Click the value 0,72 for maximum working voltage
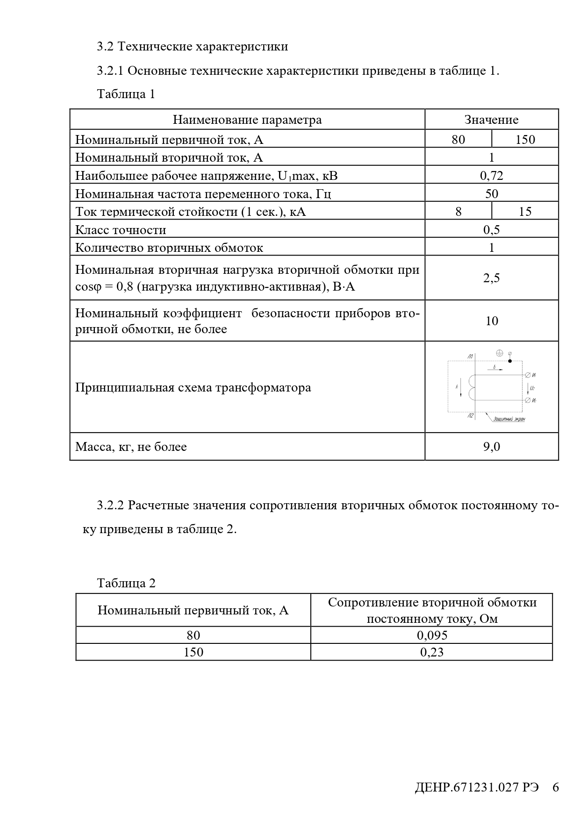click(491, 176)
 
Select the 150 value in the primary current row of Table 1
click(525, 140)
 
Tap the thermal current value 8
click(458, 212)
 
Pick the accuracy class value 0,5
click(491, 229)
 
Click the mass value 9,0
click(491, 447)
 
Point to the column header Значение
click(491, 120)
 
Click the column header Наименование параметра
click(247, 120)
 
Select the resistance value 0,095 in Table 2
click(432, 635)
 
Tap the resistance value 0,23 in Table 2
click(432, 652)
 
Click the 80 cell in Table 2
click(193, 635)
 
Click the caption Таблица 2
click(126, 583)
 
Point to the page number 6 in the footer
click(555, 787)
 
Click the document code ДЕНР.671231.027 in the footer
click(476, 787)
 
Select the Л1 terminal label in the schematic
click(470, 357)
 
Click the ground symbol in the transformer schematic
click(499, 353)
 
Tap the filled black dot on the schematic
click(510, 361)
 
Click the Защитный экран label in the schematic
click(509, 419)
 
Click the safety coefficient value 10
click(491, 321)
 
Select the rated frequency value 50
click(491, 194)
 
